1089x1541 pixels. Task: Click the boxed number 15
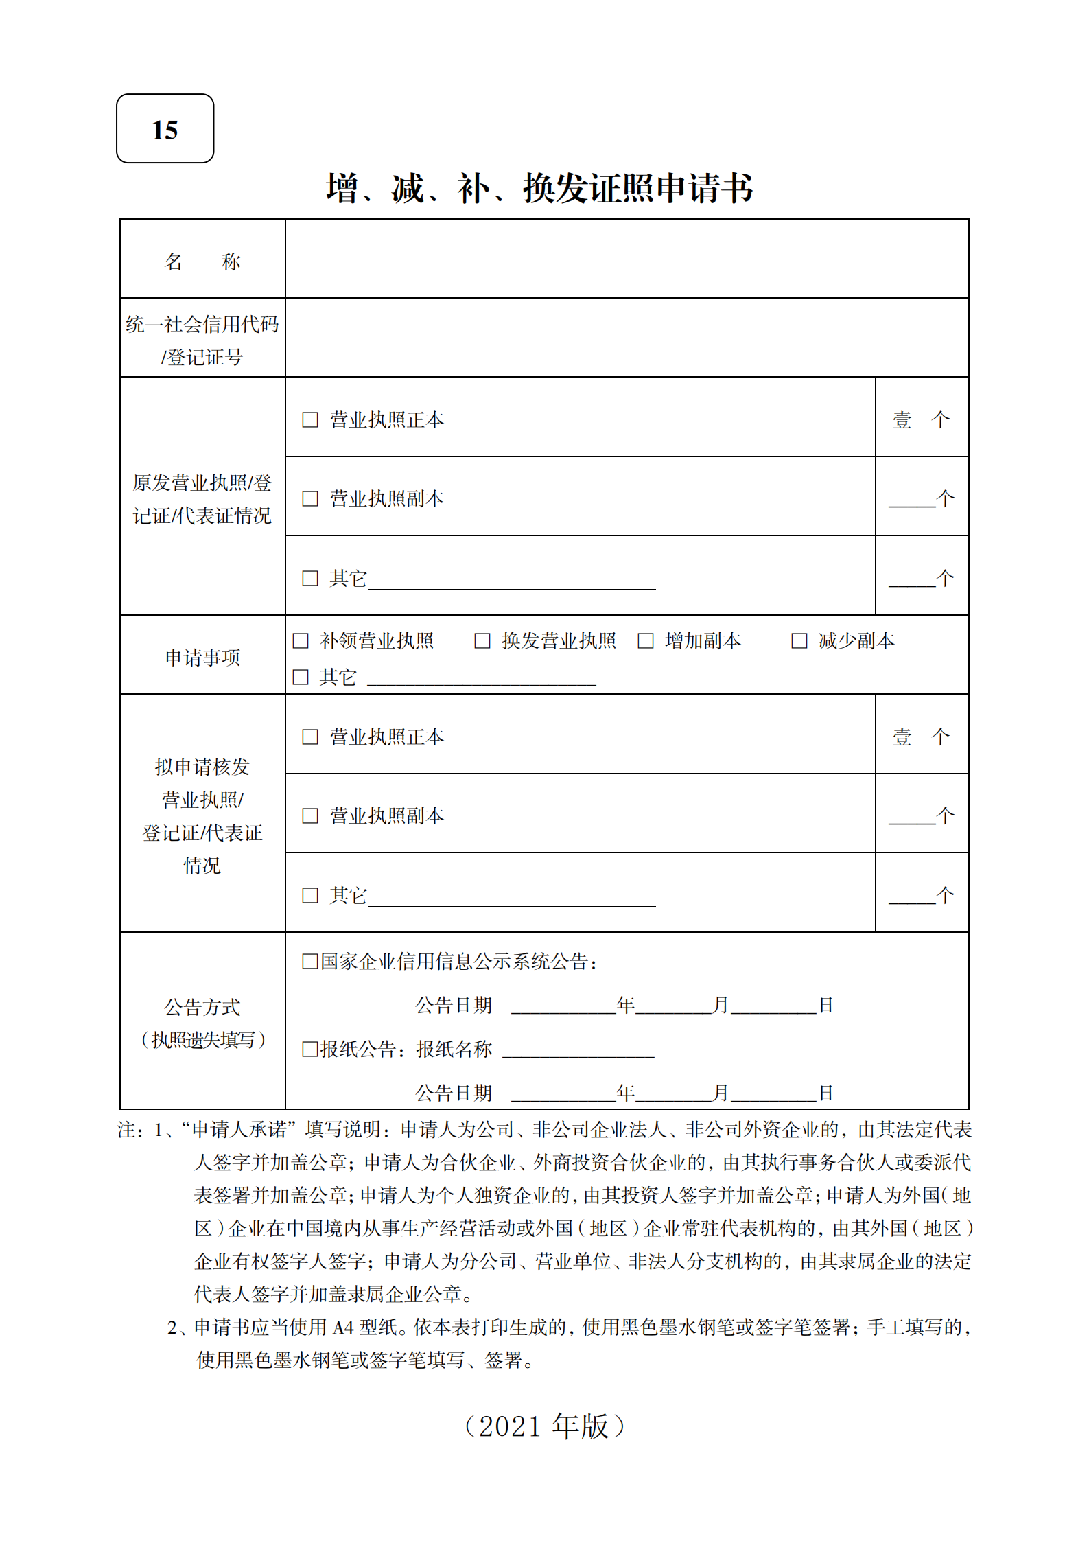165,129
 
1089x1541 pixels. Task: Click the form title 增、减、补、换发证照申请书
539,188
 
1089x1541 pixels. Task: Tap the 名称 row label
202,261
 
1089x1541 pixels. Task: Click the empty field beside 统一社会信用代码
626,338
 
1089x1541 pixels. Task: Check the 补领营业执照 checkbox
301,640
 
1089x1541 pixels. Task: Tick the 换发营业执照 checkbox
482,640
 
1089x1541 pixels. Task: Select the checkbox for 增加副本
646,640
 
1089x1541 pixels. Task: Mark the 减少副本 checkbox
799,640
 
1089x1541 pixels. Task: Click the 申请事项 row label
202,657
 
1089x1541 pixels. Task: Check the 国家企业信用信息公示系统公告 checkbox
309,961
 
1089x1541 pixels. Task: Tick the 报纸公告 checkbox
309,1049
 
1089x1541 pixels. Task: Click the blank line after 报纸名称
578,1050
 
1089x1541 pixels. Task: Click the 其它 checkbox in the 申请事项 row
301,677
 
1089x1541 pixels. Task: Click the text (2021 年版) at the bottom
544,1426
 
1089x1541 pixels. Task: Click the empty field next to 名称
626,259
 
